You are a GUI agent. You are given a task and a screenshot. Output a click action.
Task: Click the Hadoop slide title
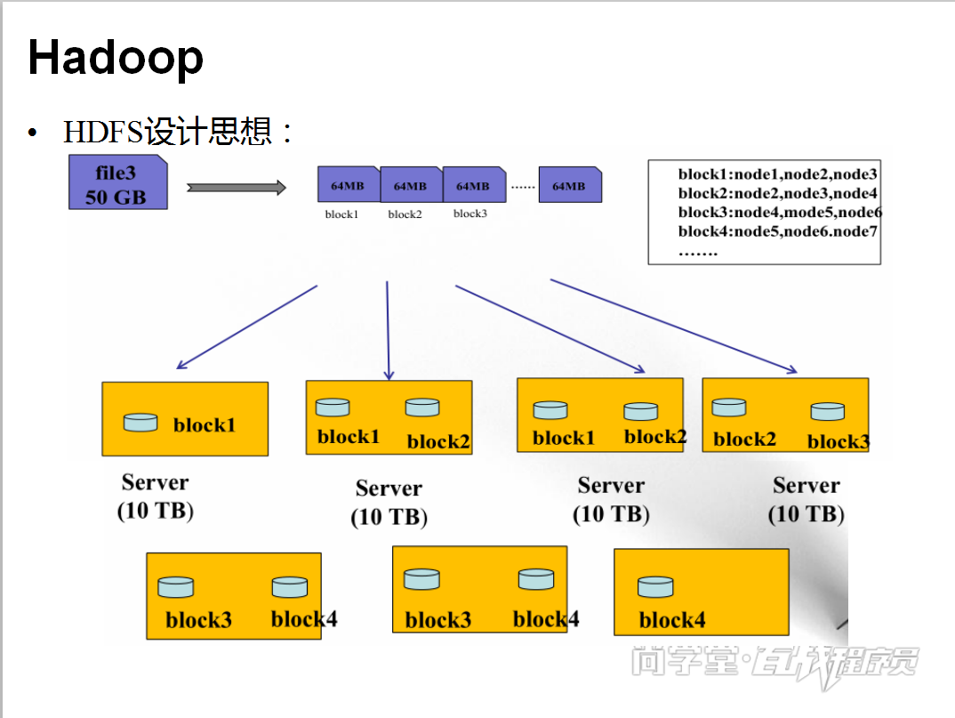[116, 58]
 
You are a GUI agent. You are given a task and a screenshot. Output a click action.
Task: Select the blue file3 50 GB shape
[117, 182]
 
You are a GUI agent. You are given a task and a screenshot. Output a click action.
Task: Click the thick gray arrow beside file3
[236, 187]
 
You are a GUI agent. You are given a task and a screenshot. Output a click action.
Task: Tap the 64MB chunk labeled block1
[348, 185]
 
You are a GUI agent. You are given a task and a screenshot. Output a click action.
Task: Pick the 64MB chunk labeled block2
[411, 185]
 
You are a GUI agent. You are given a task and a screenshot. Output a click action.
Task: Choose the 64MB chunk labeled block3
[473, 185]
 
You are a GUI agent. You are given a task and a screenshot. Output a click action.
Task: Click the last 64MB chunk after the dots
[570, 185]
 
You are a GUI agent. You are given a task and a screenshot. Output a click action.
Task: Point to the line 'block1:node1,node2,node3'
[777, 174]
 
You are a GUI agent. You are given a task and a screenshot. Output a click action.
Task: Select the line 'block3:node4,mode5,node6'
[779, 213]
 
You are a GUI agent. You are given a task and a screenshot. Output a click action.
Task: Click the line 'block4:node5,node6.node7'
[777, 231]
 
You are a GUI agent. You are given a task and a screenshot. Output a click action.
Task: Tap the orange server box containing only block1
[185, 419]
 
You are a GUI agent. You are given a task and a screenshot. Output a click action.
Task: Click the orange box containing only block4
[701, 592]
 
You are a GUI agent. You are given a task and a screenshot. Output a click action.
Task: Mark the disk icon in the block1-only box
[140, 422]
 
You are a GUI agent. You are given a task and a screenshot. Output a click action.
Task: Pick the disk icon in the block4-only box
[655, 586]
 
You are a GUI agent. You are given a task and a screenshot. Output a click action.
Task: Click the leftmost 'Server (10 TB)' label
[156, 496]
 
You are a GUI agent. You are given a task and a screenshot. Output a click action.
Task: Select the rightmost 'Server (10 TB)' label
[807, 499]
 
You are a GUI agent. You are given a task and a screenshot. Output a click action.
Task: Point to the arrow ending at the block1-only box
[247, 327]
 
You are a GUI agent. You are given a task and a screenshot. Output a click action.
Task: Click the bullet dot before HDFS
[33, 133]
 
